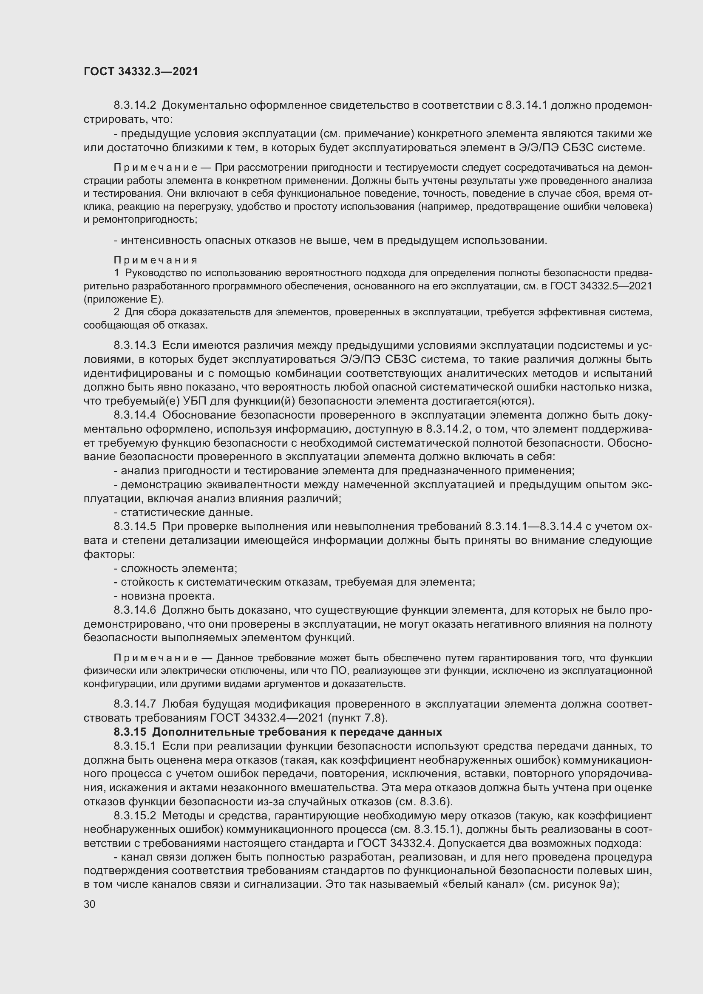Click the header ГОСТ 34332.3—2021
141,72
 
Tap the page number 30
89,904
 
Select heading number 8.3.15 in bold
130,732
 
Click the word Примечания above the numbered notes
156,260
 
